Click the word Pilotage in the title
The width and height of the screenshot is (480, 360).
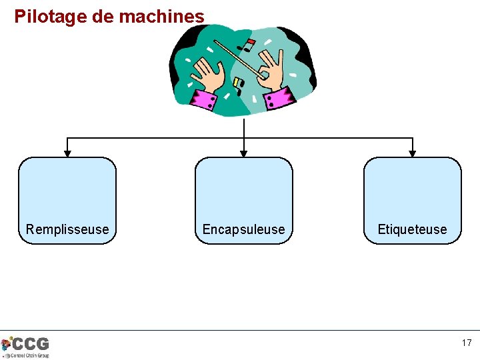click(x=50, y=16)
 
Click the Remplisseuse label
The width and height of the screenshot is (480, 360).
click(x=67, y=229)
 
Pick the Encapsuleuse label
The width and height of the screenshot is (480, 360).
click(x=243, y=229)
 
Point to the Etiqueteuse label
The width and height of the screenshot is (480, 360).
click(x=412, y=229)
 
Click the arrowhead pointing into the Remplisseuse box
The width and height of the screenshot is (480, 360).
click(x=67, y=153)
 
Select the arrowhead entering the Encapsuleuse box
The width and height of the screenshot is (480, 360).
click(x=244, y=153)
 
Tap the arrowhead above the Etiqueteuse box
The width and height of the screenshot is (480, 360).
click(x=413, y=153)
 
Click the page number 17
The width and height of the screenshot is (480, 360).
click(x=467, y=343)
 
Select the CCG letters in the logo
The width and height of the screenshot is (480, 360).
click(x=31, y=344)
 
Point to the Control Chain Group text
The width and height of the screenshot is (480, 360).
click(x=29, y=355)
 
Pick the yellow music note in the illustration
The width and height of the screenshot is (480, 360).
click(x=237, y=83)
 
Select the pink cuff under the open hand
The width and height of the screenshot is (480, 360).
click(x=204, y=99)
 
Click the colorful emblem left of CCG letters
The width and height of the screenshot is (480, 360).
click(x=7, y=345)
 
